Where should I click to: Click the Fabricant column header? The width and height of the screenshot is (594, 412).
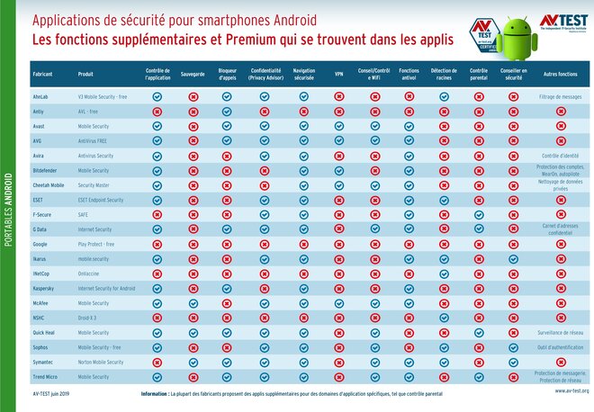(x=42, y=73)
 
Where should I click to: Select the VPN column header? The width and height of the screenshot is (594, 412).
(x=338, y=73)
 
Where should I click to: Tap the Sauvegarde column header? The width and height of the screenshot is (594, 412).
(x=193, y=73)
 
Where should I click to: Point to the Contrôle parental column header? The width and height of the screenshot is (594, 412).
(x=479, y=73)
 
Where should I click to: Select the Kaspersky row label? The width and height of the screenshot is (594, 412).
(x=46, y=288)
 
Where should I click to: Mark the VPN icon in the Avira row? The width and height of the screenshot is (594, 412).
(x=338, y=156)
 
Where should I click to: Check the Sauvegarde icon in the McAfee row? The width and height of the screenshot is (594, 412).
(x=193, y=303)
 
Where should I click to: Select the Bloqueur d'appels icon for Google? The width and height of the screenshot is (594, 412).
(x=227, y=244)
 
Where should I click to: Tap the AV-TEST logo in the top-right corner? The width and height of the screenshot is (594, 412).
(x=563, y=23)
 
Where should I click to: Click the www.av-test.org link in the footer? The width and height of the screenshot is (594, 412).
(x=566, y=392)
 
